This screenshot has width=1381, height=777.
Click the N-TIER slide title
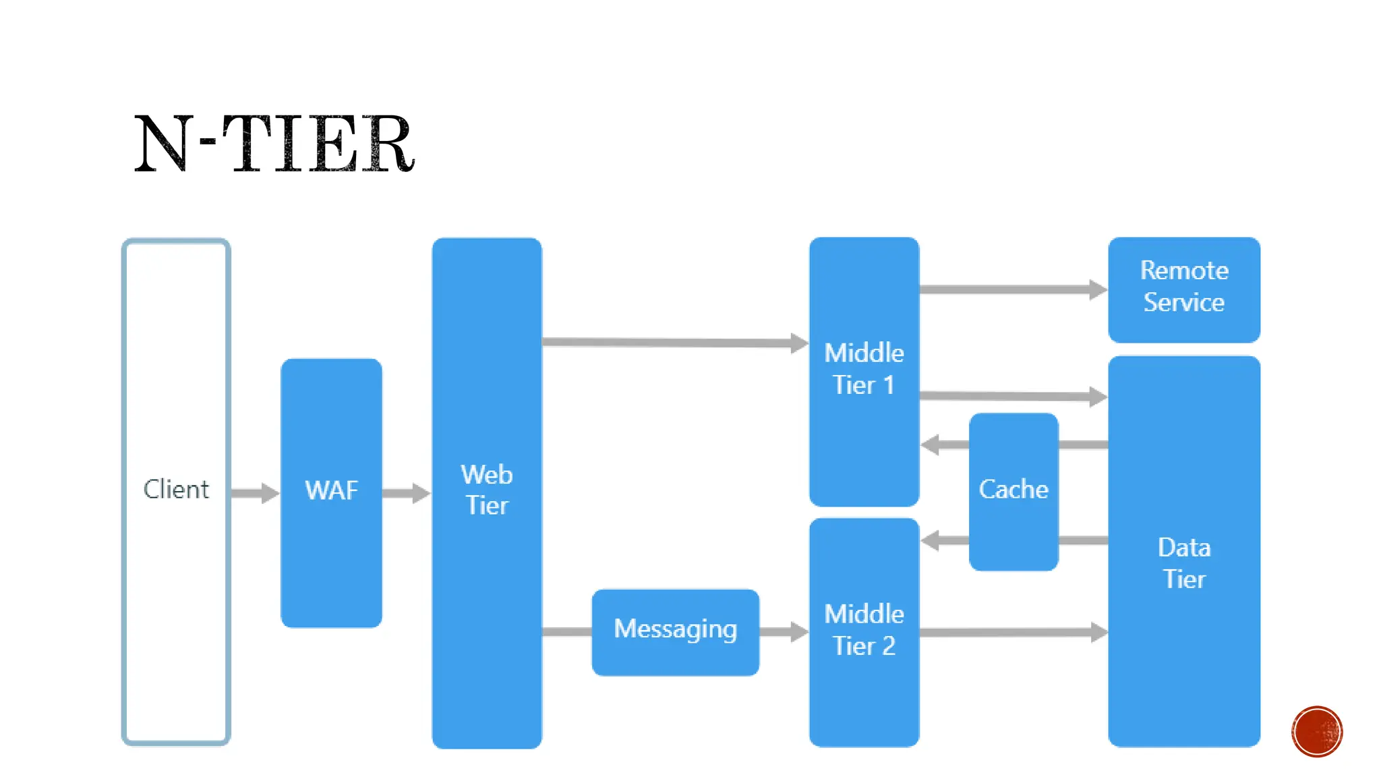[x=274, y=144]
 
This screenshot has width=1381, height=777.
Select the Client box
[x=176, y=492]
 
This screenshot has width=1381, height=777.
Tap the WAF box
[x=331, y=492]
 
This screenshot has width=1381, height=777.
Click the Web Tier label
[x=487, y=490]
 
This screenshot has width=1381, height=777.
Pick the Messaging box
[x=675, y=631]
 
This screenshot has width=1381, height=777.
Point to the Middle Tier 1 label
[x=864, y=369]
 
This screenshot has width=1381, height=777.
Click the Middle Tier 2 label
[x=864, y=630]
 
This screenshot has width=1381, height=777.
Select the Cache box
[x=1013, y=491]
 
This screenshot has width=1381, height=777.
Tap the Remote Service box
[x=1183, y=289]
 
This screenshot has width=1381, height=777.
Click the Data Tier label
[x=1184, y=563]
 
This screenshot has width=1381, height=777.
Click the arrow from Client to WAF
[x=255, y=493]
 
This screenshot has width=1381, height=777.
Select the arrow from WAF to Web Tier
[x=406, y=493]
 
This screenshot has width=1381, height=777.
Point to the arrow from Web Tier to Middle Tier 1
[x=674, y=343]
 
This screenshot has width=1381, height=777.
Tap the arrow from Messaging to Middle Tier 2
[x=784, y=632]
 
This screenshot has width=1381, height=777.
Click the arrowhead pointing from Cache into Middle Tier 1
[x=931, y=444]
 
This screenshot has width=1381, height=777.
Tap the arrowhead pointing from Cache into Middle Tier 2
[x=931, y=540]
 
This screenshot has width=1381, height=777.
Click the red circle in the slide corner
[x=1317, y=732]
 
